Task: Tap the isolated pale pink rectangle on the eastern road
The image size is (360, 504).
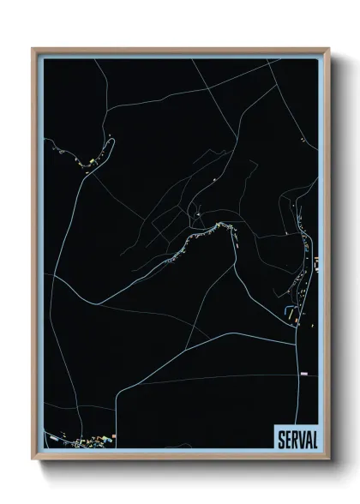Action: pyautogui.click(x=302, y=374)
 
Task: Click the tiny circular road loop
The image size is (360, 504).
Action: pyautogui.click(x=198, y=211)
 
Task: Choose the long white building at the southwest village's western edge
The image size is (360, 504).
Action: pyautogui.click(x=57, y=438)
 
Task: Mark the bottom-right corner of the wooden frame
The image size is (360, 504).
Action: pyautogui.click(x=329, y=458)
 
